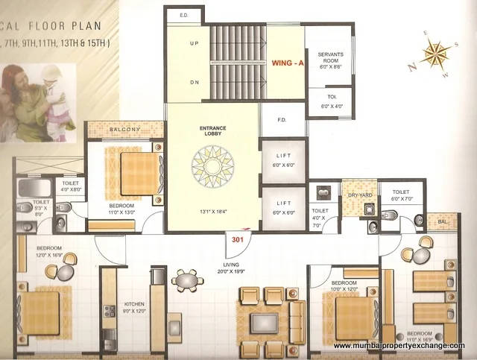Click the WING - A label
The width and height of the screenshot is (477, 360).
click(x=288, y=63)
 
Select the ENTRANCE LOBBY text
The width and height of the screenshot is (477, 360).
click(x=212, y=130)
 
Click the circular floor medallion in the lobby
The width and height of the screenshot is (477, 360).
click(x=212, y=167)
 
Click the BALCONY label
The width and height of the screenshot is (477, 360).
click(x=124, y=130)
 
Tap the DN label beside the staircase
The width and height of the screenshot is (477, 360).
click(x=194, y=83)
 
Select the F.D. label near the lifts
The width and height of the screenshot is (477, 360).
click(x=282, y=119)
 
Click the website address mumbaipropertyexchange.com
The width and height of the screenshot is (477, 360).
click(x=399, y=346)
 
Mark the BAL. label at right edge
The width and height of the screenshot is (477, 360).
click(x=442, y=221)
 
